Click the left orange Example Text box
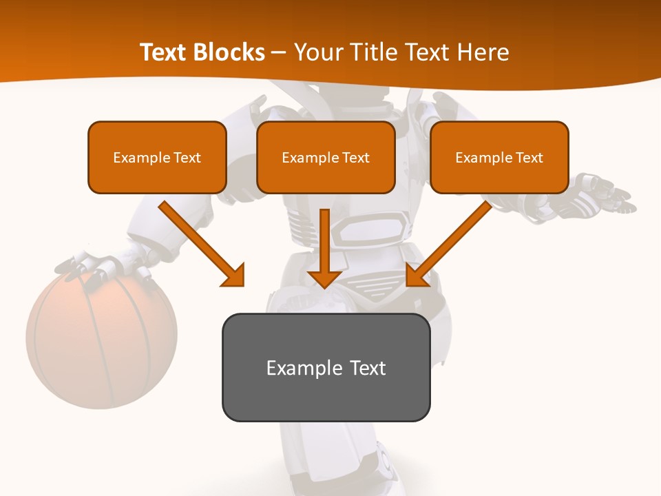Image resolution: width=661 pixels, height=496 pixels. (157, 157)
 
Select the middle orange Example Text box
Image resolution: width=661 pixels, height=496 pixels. (326, 157)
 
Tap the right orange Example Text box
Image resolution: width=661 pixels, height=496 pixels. (499, 157)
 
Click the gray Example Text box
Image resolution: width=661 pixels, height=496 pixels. (326, 367)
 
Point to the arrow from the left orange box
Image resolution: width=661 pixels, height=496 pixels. (200, 242)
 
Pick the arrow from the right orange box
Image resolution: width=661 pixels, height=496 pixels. (451, 242)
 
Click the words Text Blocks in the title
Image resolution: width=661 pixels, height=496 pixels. (202, 52)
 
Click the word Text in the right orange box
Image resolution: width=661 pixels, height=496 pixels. (530, 158)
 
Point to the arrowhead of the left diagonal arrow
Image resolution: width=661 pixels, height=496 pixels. (234, 276)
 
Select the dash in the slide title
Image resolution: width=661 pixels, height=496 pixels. (280, 52)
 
